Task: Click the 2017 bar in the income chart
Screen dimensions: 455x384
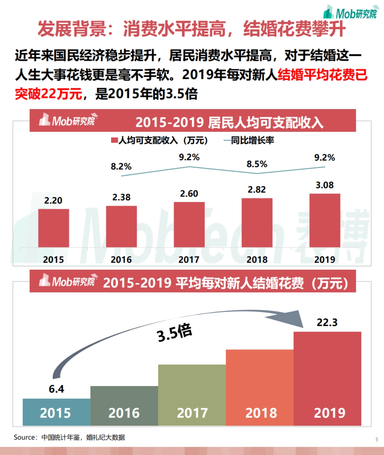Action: click(x=189, y=224)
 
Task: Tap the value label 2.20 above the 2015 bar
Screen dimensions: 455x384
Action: click(x=53, y=201)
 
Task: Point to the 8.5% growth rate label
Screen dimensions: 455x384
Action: click(x=257, y=164)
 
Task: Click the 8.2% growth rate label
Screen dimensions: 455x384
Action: click(x=121, y=166)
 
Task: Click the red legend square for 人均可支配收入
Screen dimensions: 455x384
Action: click(x=114, y=140)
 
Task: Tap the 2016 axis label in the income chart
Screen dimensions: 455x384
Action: click(x=121, y=259)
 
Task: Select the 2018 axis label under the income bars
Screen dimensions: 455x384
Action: click(x=257, y=259)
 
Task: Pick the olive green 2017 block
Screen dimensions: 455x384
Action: click(x=192, y=395)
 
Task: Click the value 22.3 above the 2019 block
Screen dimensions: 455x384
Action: click(x=327, y=322)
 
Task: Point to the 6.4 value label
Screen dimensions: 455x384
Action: click(x=56, y=389)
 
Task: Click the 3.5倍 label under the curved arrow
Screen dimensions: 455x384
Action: click(x=174, y=333)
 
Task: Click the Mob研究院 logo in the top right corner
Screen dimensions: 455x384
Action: click(x=351, y=13)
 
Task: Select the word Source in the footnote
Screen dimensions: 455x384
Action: click(x=25, y=437)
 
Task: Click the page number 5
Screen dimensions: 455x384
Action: click(x=377, y=439)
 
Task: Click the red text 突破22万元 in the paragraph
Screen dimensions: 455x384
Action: click(x=48, y=94)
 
